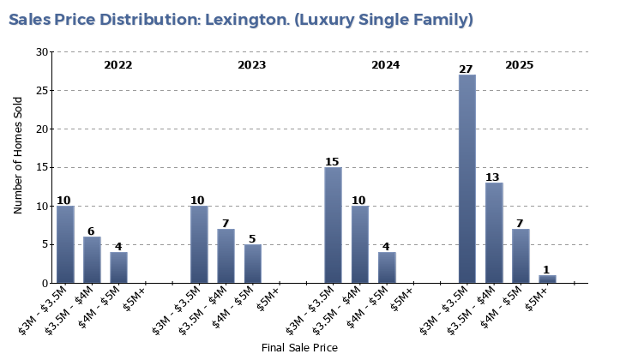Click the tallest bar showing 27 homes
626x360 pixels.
466,178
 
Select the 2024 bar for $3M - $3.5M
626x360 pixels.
333,225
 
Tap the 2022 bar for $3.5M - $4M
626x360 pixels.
92,260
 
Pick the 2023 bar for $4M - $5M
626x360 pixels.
252,263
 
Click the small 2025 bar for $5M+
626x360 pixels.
547,279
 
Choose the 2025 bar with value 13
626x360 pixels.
494,232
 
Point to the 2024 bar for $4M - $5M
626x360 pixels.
387,267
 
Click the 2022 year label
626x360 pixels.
117,65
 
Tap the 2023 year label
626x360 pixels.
251,65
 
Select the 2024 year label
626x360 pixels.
385,65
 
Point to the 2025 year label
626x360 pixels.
519,65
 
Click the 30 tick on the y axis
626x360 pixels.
42,52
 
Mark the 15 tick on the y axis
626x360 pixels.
42,168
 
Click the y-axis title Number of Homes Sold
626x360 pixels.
18,155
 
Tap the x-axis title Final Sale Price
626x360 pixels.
299,348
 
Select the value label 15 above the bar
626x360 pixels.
333,162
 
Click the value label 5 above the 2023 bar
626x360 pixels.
252,239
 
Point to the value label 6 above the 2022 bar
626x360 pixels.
92,231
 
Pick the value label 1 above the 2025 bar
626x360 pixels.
547,270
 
